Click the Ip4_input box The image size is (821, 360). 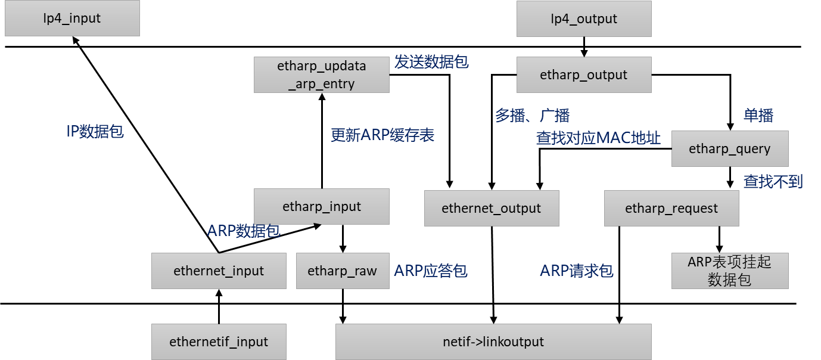(x=72, y=18)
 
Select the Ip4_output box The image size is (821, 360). (x=584, y=19)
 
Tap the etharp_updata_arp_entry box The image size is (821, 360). (x=322, y=75)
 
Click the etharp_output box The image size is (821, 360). (x=584, y=75)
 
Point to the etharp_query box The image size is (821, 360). (x=730, y=149)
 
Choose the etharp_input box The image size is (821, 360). (x=322, y=207)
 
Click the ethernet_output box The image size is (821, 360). (x=492, y=209)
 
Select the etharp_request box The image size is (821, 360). (x=671, y=209)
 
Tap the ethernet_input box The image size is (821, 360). (x=219, y=271)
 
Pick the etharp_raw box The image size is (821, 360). (x=343, y=271)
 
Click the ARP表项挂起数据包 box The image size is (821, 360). (x=730, y=271)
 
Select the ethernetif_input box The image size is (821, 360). (x=219, y=342)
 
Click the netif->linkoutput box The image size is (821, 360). (x=493, y=342)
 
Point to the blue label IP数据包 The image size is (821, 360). (x=95, y=132)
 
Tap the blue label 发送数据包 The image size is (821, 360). (x=431, y=62)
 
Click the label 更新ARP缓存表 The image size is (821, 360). (x=382, y=135)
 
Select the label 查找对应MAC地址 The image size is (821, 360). (x=598, y=138)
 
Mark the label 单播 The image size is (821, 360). (x=758, y=116)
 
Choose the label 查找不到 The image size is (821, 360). (x=773, y=181)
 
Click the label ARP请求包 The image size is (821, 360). (x=576, y=271)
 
